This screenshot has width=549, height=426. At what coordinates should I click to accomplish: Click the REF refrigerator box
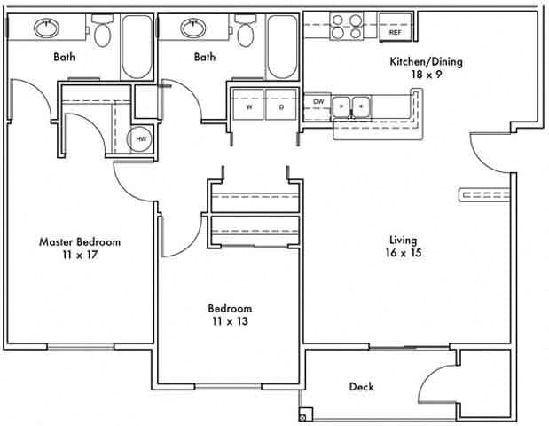(396, 32)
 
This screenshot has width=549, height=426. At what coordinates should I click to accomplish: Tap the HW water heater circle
(140, 139)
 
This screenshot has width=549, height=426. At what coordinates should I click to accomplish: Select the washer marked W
(248, 106)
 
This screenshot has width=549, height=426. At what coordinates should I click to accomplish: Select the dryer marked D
(280, 106)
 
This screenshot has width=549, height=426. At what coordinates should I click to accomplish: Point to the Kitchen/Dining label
(427, 62)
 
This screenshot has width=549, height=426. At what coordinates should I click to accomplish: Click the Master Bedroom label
(80, 241)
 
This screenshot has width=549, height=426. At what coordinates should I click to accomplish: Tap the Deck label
(361, 387)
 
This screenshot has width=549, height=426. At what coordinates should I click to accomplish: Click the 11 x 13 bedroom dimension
(230, 321)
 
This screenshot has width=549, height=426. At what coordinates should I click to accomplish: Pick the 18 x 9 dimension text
(427, 75)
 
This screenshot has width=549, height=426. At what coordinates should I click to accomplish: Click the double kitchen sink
(352, 107)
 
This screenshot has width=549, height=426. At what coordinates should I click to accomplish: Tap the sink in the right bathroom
(193, 28)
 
